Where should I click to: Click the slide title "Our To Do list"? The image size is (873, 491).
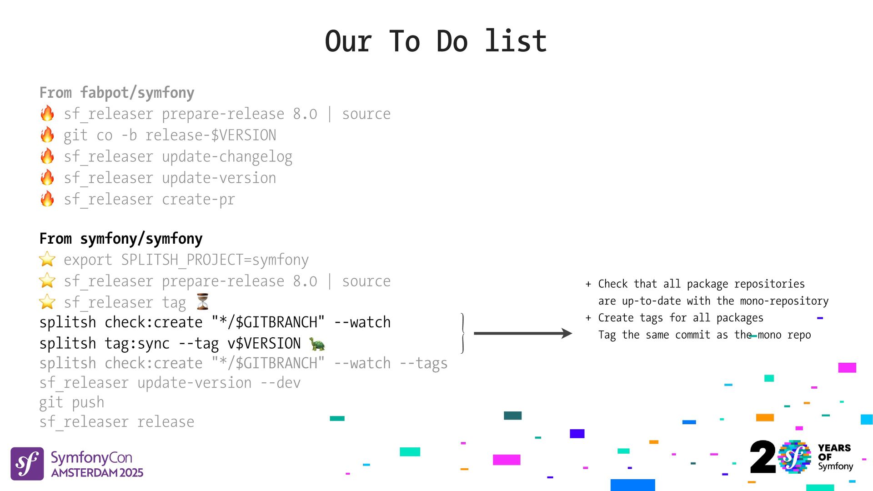436,41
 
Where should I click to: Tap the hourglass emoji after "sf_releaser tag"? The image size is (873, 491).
203,302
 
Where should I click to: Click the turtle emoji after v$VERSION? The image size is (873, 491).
317,344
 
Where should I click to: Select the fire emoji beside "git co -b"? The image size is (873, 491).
47,135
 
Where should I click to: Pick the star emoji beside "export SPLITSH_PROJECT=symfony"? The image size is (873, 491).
47,260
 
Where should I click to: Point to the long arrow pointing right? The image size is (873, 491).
522,333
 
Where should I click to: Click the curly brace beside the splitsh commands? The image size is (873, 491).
462,333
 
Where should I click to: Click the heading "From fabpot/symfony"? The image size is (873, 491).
117,93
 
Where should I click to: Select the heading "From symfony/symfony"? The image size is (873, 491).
121,239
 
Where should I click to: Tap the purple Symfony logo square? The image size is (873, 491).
27,464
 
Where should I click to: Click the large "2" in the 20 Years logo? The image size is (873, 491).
763,457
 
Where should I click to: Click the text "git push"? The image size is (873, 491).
72,403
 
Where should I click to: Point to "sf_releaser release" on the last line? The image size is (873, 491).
117,422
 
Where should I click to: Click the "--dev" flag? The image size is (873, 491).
281,383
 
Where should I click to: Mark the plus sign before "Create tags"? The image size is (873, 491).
588,318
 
